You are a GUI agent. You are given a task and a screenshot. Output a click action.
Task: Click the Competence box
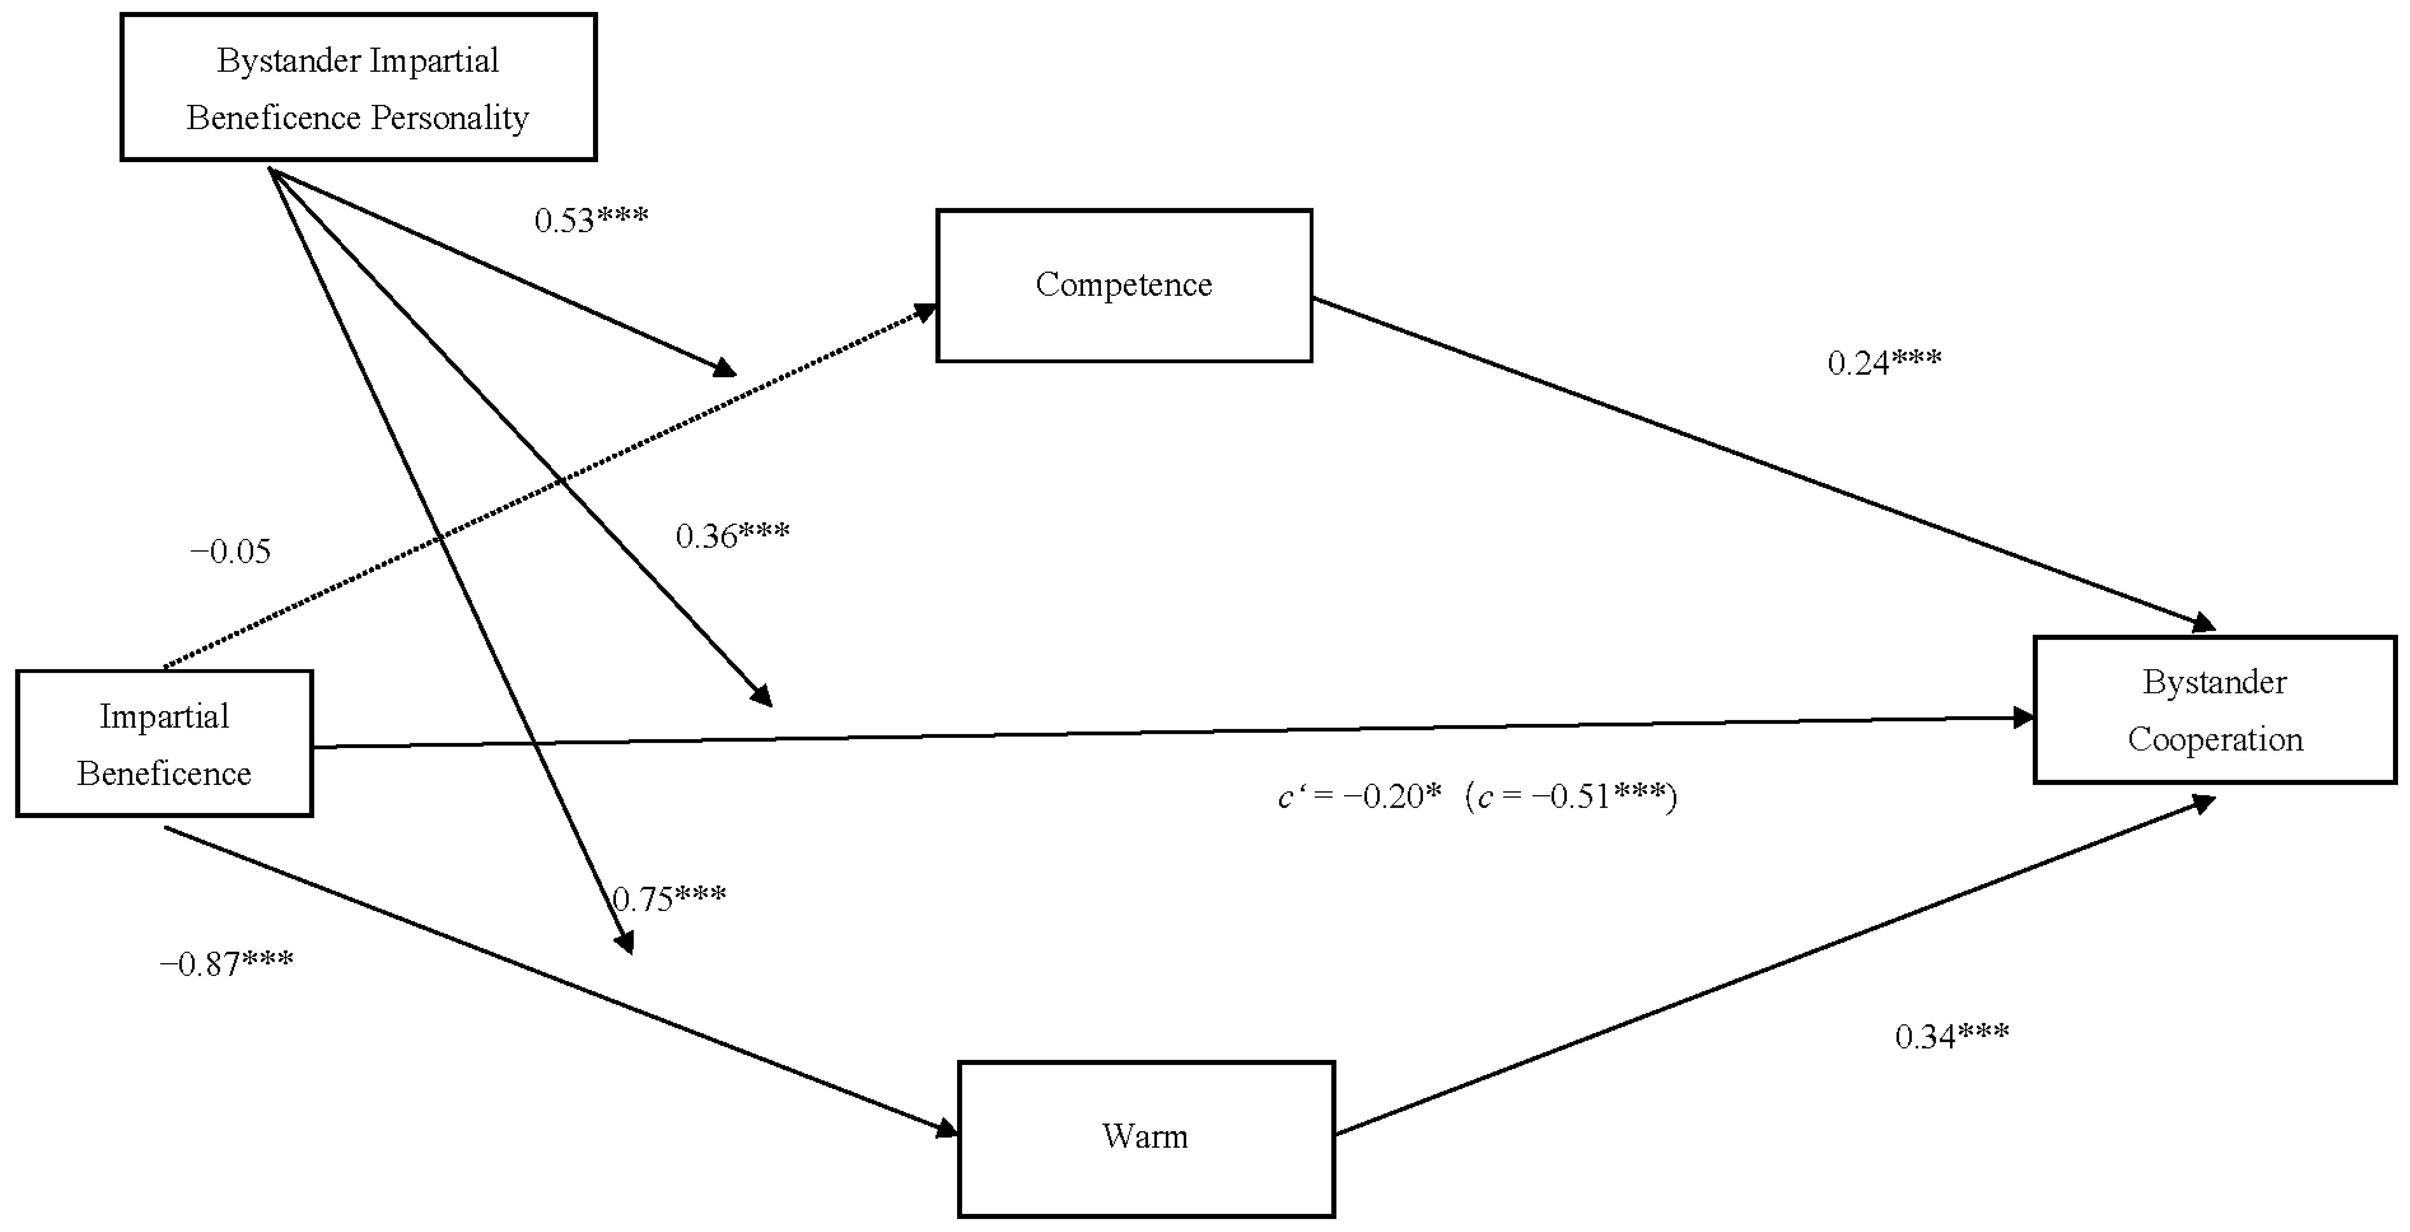[1124, 286]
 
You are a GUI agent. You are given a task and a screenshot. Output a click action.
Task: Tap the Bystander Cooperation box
[2214, 710]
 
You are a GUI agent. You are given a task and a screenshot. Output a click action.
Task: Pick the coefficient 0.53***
[591, 220]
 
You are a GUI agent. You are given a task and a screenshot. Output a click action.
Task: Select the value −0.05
[230, 552]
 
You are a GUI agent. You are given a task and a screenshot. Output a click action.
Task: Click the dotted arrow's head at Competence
[926, 311]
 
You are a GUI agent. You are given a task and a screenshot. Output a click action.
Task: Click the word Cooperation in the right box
[2214, 740]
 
